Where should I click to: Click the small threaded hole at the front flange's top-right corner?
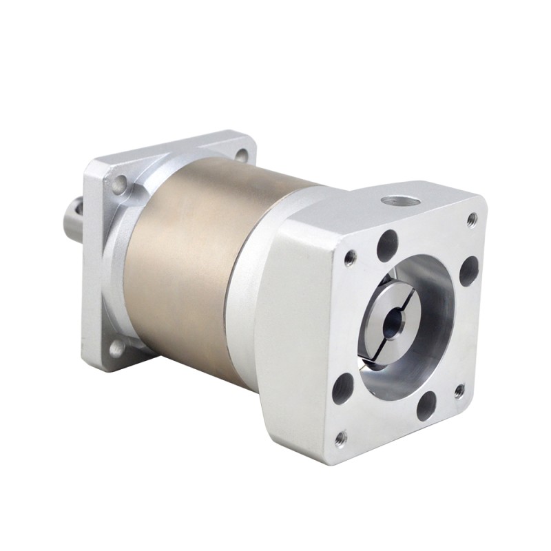(x=472, y=220)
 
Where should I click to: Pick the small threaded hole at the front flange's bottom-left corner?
(x=340, y=437)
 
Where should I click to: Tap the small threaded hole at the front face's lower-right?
(x=459, y=391)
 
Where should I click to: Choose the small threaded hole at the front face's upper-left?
(x=351, y=258)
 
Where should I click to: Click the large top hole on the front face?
(x=388, y=245)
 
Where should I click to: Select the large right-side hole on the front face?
(x=468, y=270)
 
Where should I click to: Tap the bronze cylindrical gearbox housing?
(x=186, y=262)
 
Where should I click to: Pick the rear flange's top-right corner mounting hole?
(x=241, y=156)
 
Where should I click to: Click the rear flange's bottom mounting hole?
(x=116, y=349)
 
